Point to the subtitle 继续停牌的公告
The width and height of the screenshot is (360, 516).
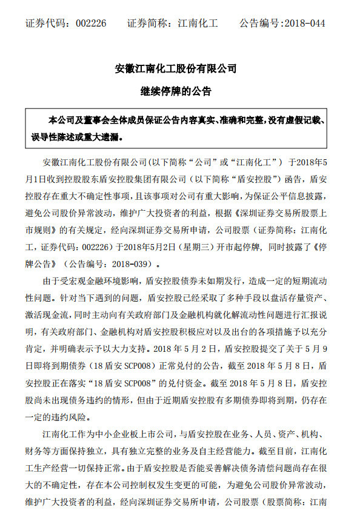[x=179, y=92]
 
